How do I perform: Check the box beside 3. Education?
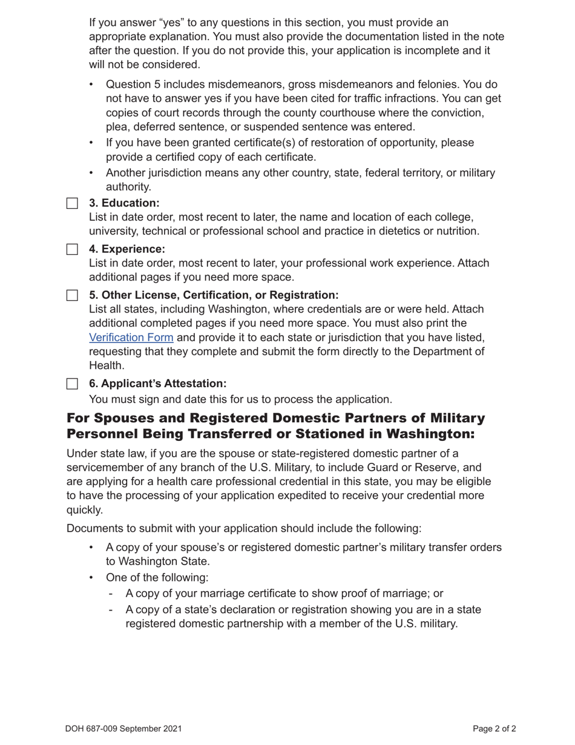tap(72, 204)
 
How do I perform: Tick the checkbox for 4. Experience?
tap(72, 250)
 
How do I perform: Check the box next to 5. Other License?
tap(72, 296)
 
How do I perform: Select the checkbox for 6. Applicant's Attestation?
tap(72, 384)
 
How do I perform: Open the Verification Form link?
tap(131, 337)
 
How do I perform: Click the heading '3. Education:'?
tap(124, 203)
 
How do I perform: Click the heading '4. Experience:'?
tap(126, 249)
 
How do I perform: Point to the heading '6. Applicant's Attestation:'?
tap(157, 383)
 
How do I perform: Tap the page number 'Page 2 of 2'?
tap(494, 729)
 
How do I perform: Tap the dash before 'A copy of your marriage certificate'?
tap(111, 594)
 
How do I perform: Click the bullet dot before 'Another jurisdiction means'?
tap(91, 173)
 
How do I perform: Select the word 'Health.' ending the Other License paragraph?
tap(107, 365)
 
